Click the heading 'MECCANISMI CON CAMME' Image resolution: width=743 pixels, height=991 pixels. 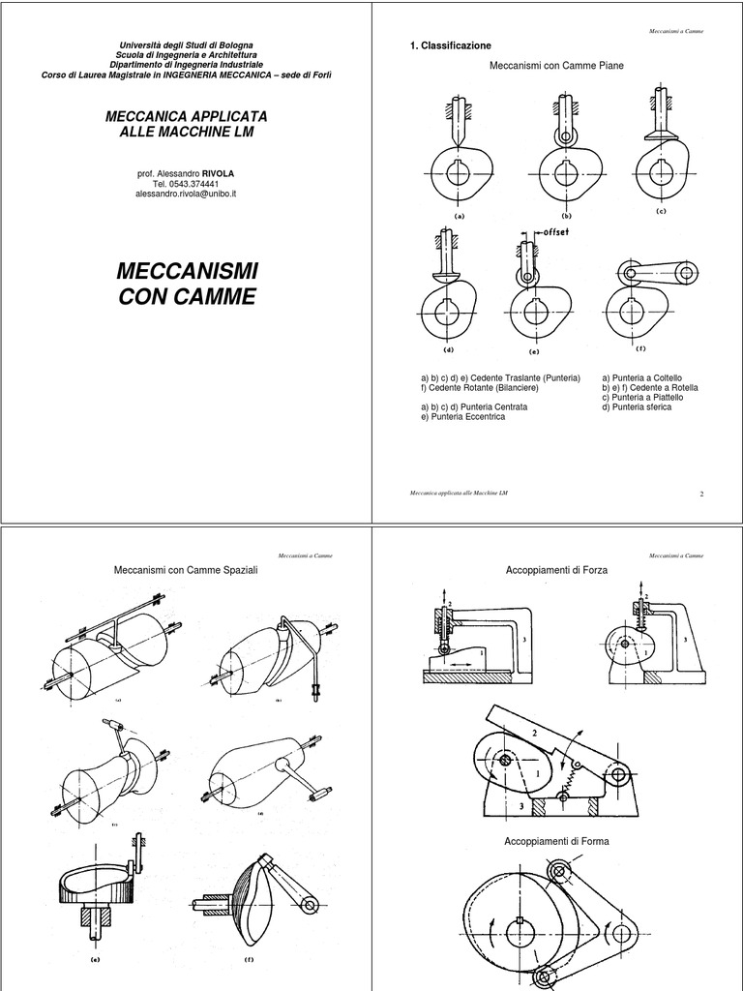click(x=187, y=282)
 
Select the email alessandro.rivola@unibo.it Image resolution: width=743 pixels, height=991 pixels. click(x=187, y=194)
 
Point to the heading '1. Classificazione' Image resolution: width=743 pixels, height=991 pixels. click(x=451, y=45)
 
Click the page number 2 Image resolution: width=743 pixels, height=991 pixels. click(x=700, y=494)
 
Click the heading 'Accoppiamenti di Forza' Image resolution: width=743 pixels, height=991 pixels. click(x=556, y=572)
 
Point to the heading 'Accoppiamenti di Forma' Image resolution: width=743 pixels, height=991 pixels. click(x=556, y=841)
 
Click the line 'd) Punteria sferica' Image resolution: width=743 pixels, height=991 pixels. click(x=636, y=407)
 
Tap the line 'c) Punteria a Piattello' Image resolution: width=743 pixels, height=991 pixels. click(x=644, y=398)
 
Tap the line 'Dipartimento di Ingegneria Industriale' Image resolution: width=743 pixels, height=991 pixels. click(x=187, y=64)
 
